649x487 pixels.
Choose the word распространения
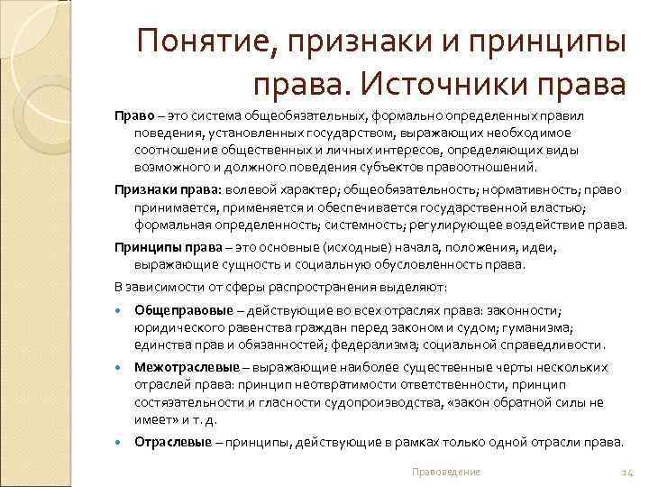click(x=279, y=288)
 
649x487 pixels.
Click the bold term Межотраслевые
click(x=187, y=368)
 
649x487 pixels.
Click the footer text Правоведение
click(x=445, y=472)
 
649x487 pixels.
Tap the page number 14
click(x=628, y=472)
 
